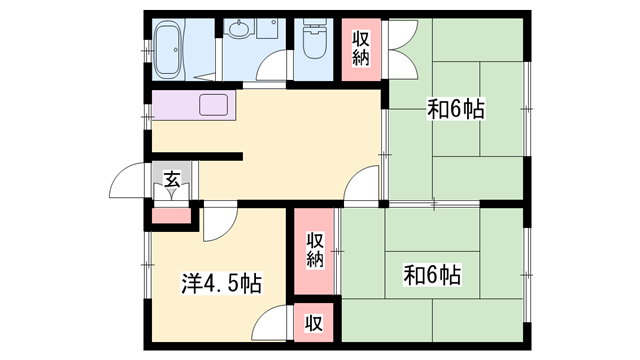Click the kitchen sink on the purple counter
(x=215, y=104)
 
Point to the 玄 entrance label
(x=171, y=181)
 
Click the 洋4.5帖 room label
(x=221, y=283)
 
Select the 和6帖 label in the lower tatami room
(x=432, y=272)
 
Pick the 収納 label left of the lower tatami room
(x=315, y=250)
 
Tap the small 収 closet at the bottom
(x=314, y=323)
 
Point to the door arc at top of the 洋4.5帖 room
(x=219, y=226)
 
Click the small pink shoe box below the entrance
(x=165, y=214)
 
